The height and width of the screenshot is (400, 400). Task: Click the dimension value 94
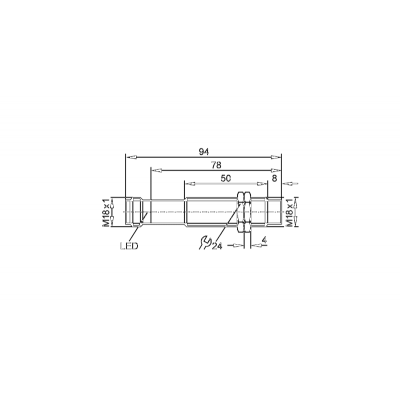[x=204, y=152]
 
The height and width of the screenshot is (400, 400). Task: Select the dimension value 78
[x=216, y=165]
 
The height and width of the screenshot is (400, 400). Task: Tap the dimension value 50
[x=226, y=178]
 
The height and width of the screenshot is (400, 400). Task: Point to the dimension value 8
[x=274, y=178]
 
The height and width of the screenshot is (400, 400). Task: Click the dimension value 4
[x=264, y=240]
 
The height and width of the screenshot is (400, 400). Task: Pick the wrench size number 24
[x=217, y=246]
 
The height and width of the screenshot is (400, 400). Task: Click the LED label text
[x=129, y=246]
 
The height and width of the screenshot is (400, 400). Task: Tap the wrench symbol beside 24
[x=205, y=242]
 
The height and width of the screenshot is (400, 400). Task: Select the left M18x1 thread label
[x=106, y=212]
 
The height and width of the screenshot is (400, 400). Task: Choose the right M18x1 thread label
[x=290, y=212]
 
